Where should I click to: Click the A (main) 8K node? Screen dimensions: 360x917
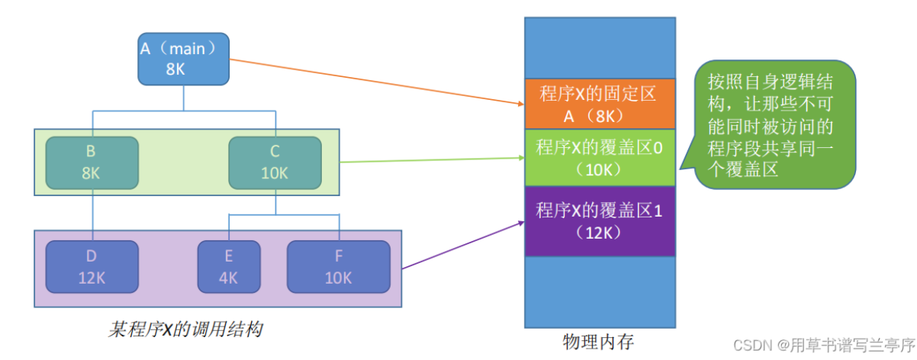[x=183, y=59]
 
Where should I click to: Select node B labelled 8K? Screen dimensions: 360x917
[x=91, y=162]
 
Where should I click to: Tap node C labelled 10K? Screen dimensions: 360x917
[x=275, y=162]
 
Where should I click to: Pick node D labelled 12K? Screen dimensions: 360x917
[x=91, y=267]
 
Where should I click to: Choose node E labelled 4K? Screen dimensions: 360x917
[x=228, y=267]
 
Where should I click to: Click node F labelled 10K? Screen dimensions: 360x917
[x=338, y=267]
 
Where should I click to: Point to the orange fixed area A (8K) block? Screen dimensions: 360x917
[x=600, y=104]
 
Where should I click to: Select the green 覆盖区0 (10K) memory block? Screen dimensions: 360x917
[x=600, y=157]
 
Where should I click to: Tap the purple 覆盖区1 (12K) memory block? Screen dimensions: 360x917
[x=600, y=220]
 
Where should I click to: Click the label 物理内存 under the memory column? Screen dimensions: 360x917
[x=598, y=341]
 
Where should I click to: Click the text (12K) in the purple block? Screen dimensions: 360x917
[x=600, y=231]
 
